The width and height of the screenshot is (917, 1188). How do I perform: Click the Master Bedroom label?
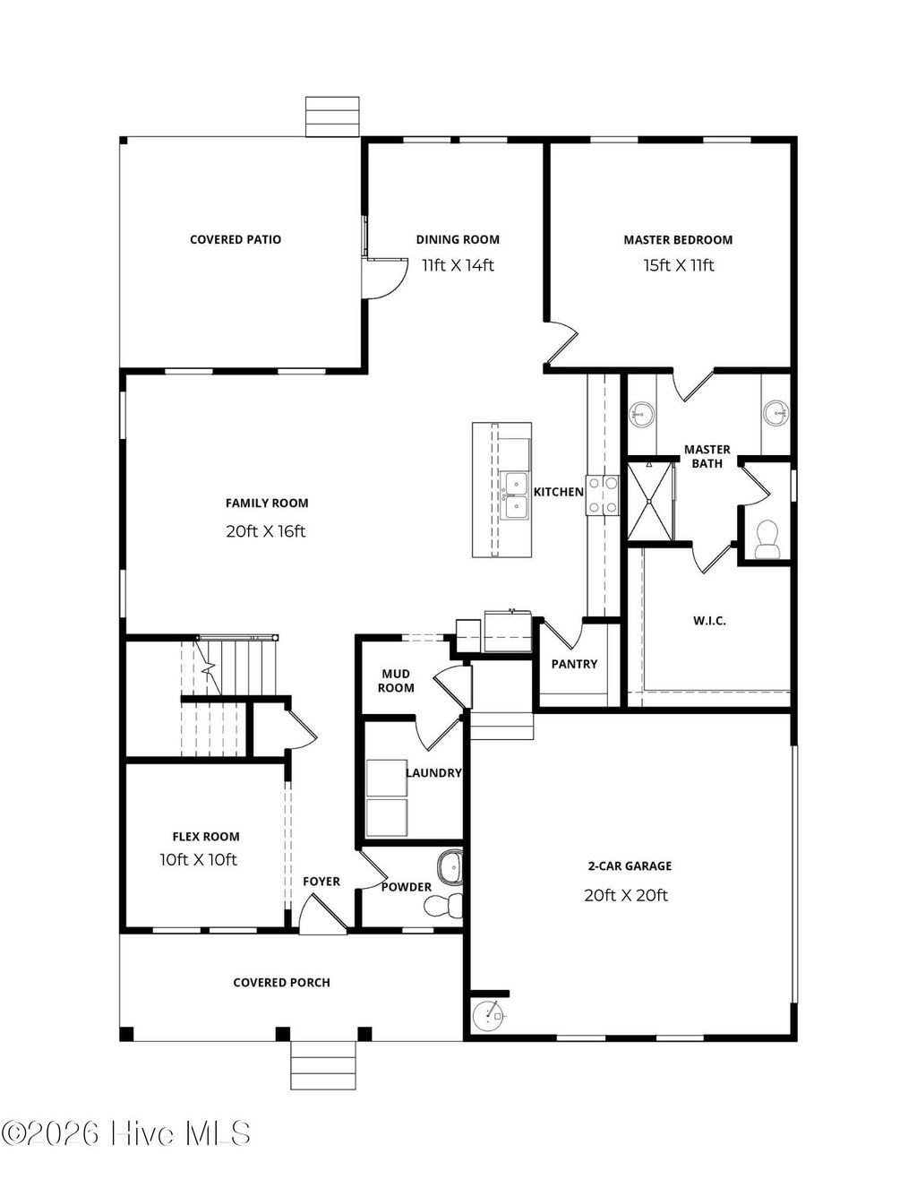point(678,240)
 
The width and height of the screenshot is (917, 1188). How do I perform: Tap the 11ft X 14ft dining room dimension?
point(458,265)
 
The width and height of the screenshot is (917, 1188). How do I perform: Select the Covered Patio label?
point(236,240)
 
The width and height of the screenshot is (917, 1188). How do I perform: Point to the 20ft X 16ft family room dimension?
point(266,531)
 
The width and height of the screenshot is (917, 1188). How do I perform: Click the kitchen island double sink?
point(515,495)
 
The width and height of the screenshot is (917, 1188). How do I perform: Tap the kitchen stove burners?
point(603,495)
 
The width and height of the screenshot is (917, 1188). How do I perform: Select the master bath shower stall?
point(649,501)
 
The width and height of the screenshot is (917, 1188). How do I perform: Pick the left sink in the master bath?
point(641,414)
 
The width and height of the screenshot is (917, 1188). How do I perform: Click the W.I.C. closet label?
point(709,620)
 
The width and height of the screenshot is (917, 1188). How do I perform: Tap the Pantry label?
point(574,664)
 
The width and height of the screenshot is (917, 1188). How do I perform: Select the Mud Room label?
point(396,681)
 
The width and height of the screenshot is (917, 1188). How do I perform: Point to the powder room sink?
point(450,867)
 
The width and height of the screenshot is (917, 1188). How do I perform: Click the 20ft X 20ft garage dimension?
point(626,895)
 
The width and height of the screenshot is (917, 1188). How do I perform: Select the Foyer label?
point(321,882)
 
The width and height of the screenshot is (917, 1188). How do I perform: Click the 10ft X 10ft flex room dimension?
point(199,860)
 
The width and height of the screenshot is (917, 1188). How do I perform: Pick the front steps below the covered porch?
point(323,1066)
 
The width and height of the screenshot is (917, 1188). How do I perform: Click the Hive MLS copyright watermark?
point(126,1134)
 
